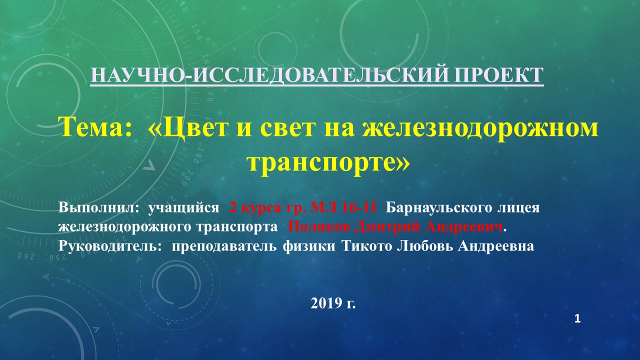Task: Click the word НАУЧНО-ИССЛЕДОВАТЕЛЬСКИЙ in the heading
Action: (269, 75)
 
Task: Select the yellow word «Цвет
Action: (191, 128)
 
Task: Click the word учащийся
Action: (183, 208)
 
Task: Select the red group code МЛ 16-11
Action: (343, 207)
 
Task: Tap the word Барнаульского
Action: (439, 208)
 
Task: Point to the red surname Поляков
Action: (319, 227)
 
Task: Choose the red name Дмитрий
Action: (387, 227)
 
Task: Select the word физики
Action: (309, 246)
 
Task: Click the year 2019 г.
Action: (333, 303)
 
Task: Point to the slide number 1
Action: (577, 319)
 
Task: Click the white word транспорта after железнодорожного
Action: (237, 227)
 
